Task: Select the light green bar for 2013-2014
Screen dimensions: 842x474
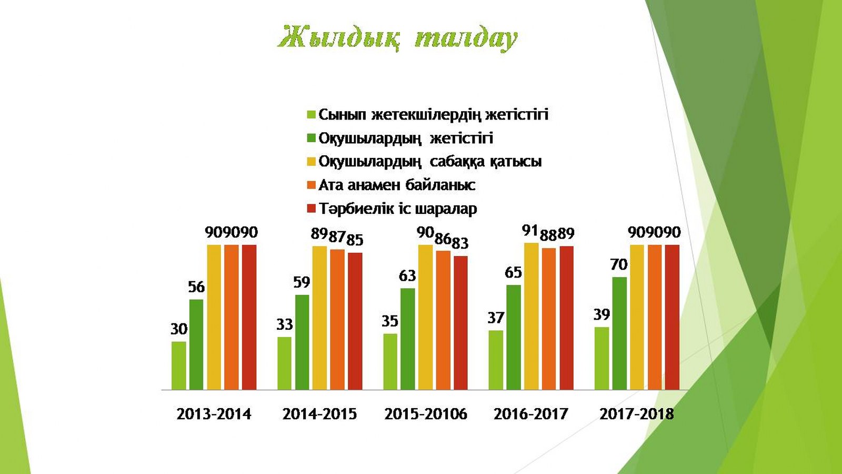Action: pos(179,366)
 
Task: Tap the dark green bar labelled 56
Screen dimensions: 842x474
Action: pos(196,344)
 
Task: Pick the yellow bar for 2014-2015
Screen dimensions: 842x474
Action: pos(320,318)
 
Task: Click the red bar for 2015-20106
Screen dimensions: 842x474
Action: pos(461,323)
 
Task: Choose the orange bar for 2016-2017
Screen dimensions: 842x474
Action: pos(549,319)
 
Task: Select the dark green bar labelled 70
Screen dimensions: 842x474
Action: pos(619,333)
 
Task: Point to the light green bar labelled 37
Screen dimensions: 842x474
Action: pos(496,360)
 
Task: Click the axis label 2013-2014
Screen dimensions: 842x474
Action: pos(214,414)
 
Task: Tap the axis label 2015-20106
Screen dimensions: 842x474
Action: pos(426,414)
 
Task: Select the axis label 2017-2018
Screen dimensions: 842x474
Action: pos(637,414)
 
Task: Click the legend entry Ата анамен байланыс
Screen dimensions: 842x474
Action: pos(397,185)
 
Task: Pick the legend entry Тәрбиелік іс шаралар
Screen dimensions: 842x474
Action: pos(398,209)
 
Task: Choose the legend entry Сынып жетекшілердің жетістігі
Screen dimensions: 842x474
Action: pos(434,114)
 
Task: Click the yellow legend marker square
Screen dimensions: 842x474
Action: pos(311,162)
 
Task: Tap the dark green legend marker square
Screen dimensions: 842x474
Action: pos(311,138)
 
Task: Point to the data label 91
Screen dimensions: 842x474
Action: pos(530,231)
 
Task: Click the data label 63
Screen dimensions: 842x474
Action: pos(407,276)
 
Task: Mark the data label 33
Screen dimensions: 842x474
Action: pos(284,324)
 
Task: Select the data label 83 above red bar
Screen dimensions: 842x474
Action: pos(460,243)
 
